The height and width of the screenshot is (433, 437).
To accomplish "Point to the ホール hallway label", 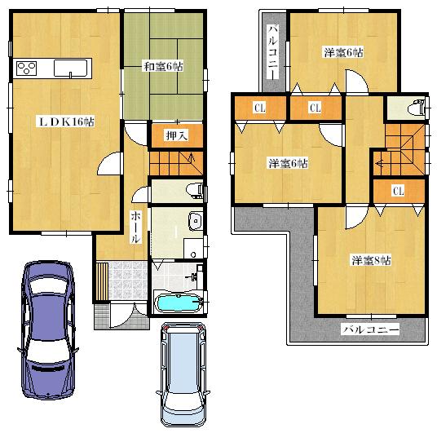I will (136, 227).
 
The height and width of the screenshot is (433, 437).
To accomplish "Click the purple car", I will (48, 326).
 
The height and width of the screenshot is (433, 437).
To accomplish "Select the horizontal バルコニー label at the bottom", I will (371, 329).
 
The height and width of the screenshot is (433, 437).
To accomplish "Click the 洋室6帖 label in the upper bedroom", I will (342, 52).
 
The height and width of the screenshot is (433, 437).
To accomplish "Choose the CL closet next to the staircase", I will (399, 192).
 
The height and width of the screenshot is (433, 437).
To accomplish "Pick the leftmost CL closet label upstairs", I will (258, 107).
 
